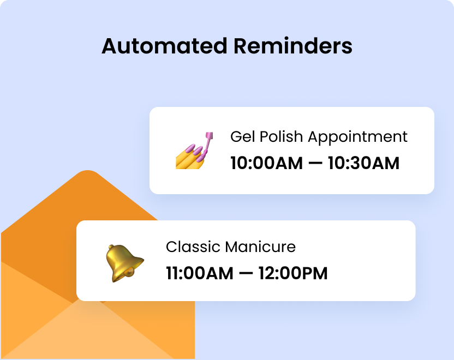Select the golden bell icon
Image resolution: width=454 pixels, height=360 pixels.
pos(123,262)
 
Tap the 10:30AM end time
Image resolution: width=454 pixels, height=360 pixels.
pos(363,163)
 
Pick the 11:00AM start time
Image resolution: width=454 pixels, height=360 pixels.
pos(199,273)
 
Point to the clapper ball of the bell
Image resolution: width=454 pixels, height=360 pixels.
pos(131,271)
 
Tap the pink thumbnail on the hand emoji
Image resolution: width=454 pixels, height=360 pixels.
pos(200,159)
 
